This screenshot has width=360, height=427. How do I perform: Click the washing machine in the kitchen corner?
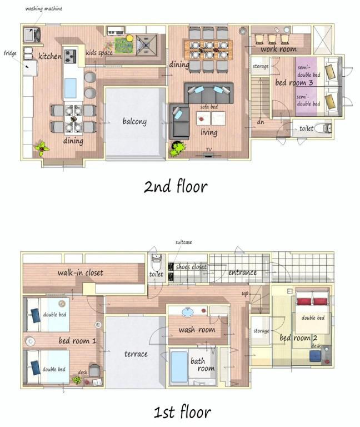[x=32, y=34]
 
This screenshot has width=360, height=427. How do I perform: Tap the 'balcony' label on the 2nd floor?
[x=134, y=121]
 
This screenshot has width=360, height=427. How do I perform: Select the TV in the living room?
[x=209, y=155]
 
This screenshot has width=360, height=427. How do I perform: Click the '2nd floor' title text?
[x=176, y=186]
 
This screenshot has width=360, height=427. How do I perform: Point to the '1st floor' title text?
[x=182, y=412]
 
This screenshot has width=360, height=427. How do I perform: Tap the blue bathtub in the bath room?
[x=179, y=366]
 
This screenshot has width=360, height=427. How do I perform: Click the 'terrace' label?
[x=136, y=354]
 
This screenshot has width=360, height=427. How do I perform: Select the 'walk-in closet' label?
[x=80, y=272]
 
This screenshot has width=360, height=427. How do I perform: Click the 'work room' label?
[x=278, y=49]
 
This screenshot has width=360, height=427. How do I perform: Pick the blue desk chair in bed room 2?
[x=315, y=356]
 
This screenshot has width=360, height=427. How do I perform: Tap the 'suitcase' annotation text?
[x=183, y=242]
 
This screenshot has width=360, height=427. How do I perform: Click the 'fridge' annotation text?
[x=10, y=53]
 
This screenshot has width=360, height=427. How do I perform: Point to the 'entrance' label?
[x=242, y=272]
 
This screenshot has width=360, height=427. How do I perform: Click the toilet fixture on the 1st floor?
[x=157, y=261]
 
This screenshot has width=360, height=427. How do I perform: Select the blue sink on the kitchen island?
[x=70, y=88]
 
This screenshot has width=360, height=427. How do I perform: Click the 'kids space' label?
[x=99, y=53]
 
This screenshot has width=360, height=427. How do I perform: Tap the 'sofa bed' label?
[x=209, y=107]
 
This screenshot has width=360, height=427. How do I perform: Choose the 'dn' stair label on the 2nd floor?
[x=261, y=122]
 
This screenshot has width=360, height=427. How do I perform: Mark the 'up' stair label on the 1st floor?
[x=245, y=294]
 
